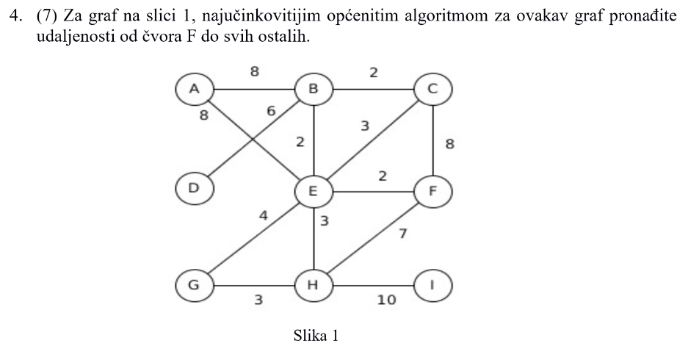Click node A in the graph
point(195,89)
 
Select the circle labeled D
point(195,188)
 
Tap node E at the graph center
point(314,192)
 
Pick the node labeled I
point(432,285)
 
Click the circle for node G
point(195,285)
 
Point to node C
point(432,89)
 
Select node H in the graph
point(314,285)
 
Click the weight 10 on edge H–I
point(386,300)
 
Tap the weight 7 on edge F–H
point(403,234)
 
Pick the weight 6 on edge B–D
point(271,111)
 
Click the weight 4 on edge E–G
point(264,215)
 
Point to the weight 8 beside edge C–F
point(450,143)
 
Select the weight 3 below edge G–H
point(259,300)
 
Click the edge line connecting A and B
point(254,90)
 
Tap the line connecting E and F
point(373,192)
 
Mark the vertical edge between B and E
point(314,140)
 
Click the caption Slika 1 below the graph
point(316,336)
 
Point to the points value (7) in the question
point(48,16)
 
